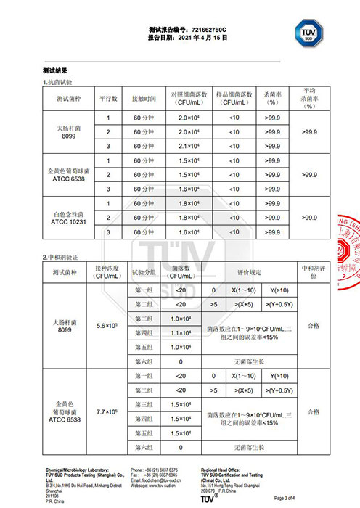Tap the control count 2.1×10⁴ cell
(x=188, y=147)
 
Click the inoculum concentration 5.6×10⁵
(x=107, y=325)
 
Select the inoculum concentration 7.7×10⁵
(x=107, y=411)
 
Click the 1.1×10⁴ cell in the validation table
(x=181, y=332)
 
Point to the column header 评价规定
(x=248, y=273)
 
